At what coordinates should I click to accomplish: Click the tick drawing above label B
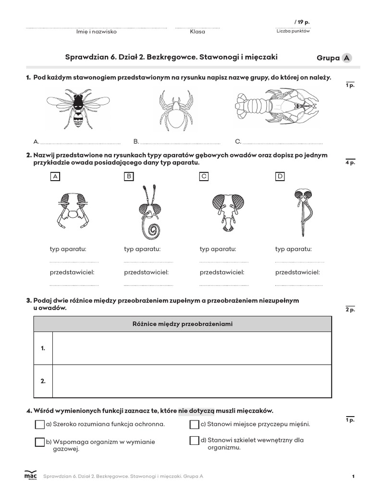[175, 110]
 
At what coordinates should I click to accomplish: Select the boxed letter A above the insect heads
[55, 176]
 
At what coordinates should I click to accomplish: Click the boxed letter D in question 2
[280, 176]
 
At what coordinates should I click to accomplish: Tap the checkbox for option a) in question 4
[40, 425]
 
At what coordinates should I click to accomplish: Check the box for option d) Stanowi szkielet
[194, 440]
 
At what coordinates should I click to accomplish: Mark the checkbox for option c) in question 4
[194, 425]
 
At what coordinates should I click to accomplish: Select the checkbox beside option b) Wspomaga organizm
[40, 442]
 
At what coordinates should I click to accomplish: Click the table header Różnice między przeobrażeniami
[182, 324]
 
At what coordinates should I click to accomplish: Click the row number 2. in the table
[43, 381]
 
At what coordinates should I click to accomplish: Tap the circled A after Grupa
[346, 58]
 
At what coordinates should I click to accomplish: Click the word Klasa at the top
[197, 32]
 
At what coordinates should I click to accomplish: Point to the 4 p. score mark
[349, 163]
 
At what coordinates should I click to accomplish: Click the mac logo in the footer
[30, 475]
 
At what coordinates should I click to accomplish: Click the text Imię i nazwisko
[96, 32]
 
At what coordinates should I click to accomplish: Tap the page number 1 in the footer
[353, 476]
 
